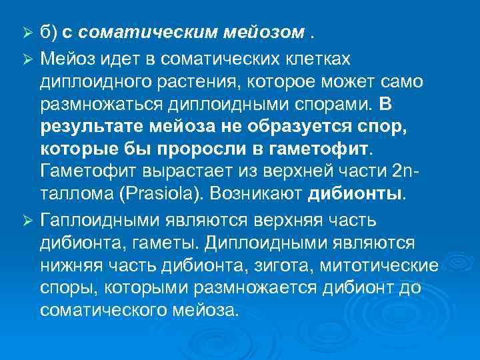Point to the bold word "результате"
click(x=89, y=125)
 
